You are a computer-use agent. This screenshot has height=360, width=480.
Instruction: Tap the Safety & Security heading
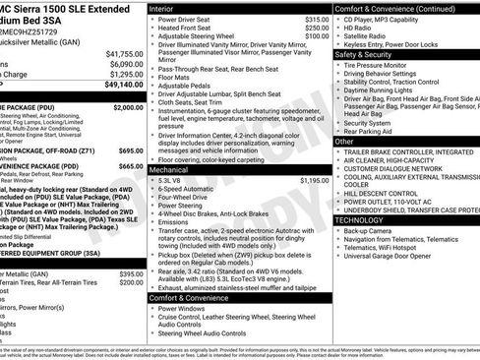pyautogui.click(x=369, y=55)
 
